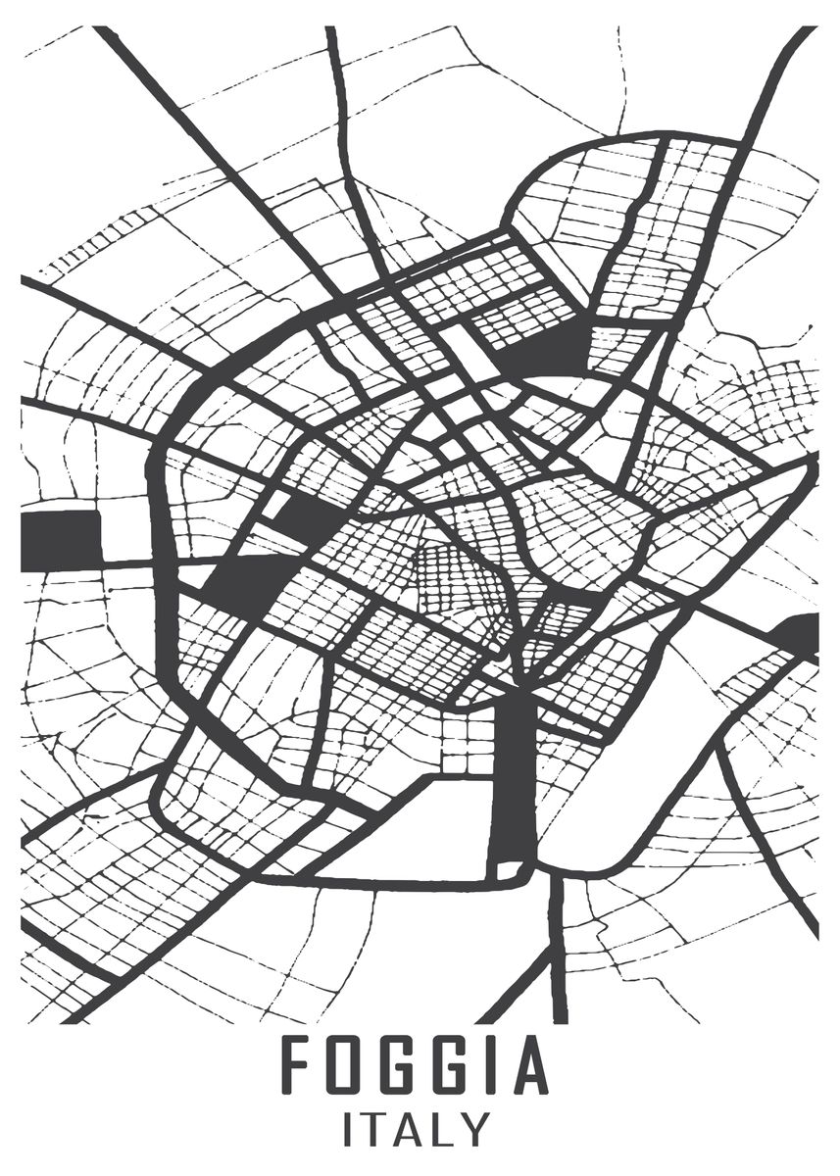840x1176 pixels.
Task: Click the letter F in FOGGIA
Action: pos(297,1065)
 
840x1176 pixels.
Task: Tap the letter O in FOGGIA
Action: pos(346,1065)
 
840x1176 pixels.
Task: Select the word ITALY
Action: pos(417,1129)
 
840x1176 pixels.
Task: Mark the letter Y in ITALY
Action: pos(475,1129)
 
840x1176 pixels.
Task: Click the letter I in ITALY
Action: pos(348,1129)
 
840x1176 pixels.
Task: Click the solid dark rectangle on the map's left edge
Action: pos(60,540)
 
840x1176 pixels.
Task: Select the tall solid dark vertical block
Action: pos(514,774)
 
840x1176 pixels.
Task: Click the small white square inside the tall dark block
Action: pos(510,868)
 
